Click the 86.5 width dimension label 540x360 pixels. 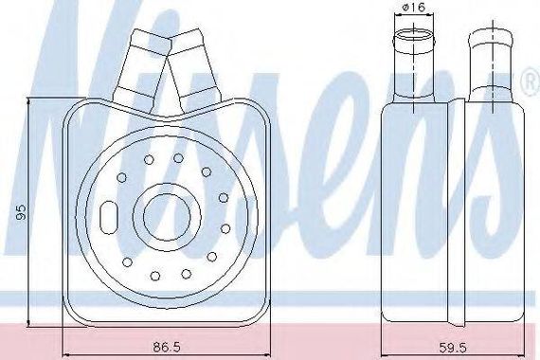coord(167,348)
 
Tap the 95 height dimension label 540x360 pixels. coord(22,211)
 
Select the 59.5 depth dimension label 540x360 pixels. coord(453,348)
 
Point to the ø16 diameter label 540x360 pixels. coord(414,7)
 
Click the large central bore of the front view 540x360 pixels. coord(167,217)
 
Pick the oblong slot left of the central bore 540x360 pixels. coord(109,217)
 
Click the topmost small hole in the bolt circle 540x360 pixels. coord(178,158)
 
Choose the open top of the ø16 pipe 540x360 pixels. coord(414,35)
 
